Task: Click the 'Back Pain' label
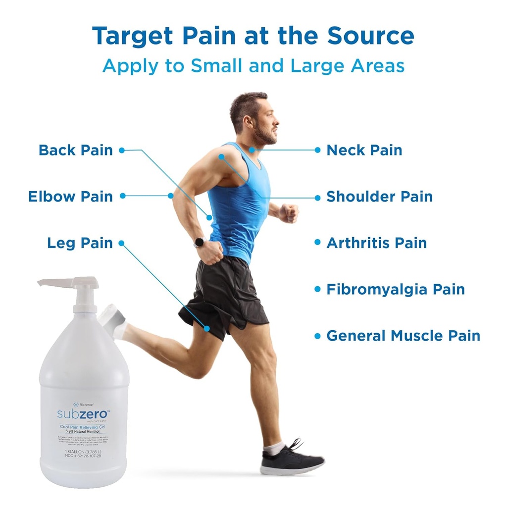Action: [x=76, y=150]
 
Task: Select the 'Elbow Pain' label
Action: [x=70, y=197]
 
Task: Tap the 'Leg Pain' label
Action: [x=80, y=243]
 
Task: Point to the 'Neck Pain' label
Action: [x=364, y=150]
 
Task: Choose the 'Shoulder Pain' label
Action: [x=379, y=197]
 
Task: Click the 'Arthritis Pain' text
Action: [x=376, y=243]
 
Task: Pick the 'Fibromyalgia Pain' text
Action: [x=395, y=289]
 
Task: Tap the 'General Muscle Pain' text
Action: [x=403, y=336]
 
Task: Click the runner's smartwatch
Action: [x=201, y=242]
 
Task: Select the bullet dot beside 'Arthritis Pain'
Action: [x=317, y=243]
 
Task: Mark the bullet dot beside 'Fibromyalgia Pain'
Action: [x=317, y=289]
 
